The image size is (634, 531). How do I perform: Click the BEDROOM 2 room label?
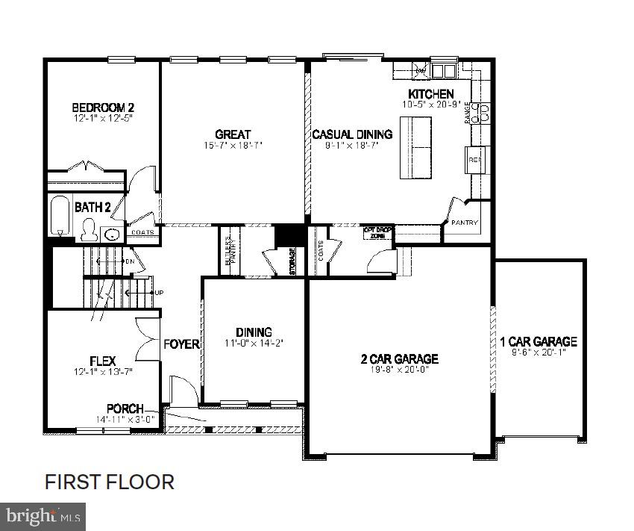point(103,107)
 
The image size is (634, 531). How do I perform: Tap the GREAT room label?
point(233,134)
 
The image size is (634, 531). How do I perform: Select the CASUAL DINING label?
point(352,134)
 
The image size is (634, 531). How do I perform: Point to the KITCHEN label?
point(430,94)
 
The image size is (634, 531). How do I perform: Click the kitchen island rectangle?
point(416,148)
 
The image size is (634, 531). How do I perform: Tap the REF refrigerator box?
point(474,159)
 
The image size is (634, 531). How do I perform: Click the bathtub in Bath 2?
point(60,215)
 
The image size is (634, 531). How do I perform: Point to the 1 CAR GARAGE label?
point(539,342)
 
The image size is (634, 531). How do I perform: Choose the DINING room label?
point(254,332)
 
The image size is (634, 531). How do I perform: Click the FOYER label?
point(182,344)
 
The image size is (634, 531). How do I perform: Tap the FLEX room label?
point(103,361)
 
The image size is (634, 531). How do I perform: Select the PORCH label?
point(125,409)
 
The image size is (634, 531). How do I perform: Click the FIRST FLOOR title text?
point(110,482)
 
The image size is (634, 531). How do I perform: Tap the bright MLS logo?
point(43,516)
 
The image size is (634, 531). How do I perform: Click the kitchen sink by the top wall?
point(444,71)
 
